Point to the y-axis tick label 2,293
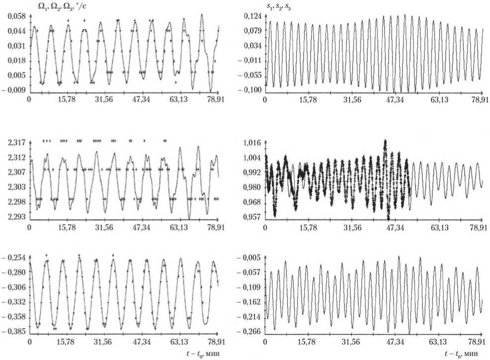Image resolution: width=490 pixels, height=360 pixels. point(16,217)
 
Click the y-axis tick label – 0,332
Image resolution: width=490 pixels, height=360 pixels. point(13,302)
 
